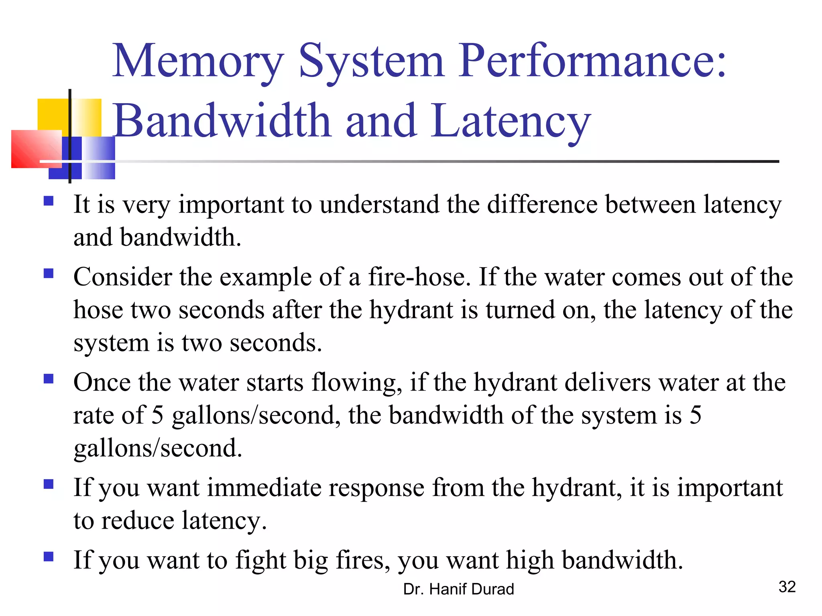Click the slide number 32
coord(787,587)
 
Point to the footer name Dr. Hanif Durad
coord(458,589)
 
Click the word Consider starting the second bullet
coord(122,277)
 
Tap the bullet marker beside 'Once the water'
coord(49,379)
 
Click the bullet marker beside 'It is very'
coord(49,201)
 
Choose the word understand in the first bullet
coord(379,204)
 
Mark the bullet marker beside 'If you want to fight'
coord(49,557)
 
